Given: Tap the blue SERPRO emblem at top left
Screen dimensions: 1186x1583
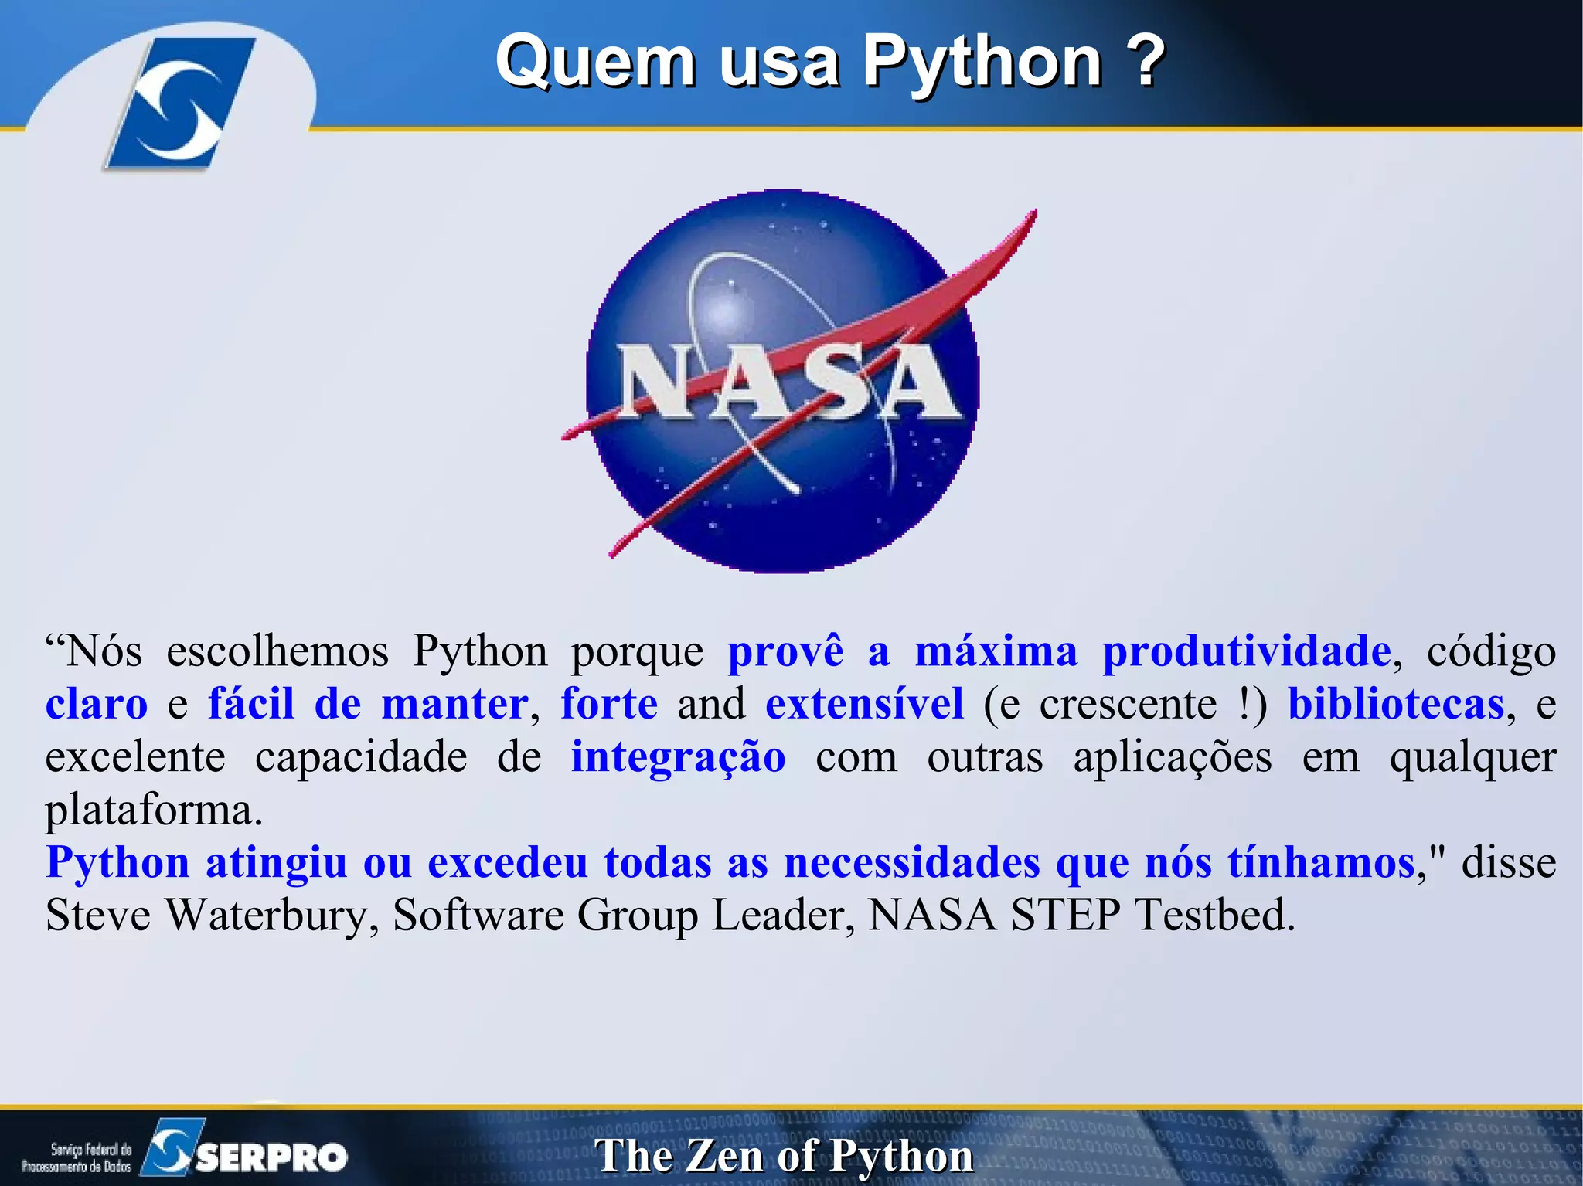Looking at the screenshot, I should coord(179,104).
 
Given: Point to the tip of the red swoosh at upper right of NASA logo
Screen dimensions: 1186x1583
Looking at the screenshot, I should coord(1033,212).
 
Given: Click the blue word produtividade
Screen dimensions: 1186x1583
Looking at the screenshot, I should coord(1246,651).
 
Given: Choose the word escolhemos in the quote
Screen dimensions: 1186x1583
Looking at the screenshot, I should coord(277,651).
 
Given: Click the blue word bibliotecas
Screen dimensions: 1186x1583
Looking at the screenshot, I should coord(1396,704).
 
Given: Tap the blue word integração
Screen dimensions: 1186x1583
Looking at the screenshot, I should coord(678,756).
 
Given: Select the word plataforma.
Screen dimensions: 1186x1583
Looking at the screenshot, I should coord(153,810).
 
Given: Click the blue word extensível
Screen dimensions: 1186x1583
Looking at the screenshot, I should coord(864,704).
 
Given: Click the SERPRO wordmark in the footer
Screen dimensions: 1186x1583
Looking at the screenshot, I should coord(271,1157).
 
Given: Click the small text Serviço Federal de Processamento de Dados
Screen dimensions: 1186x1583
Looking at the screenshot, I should coord(77,1157).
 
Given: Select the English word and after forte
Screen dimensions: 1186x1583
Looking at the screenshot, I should coord(711,704).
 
